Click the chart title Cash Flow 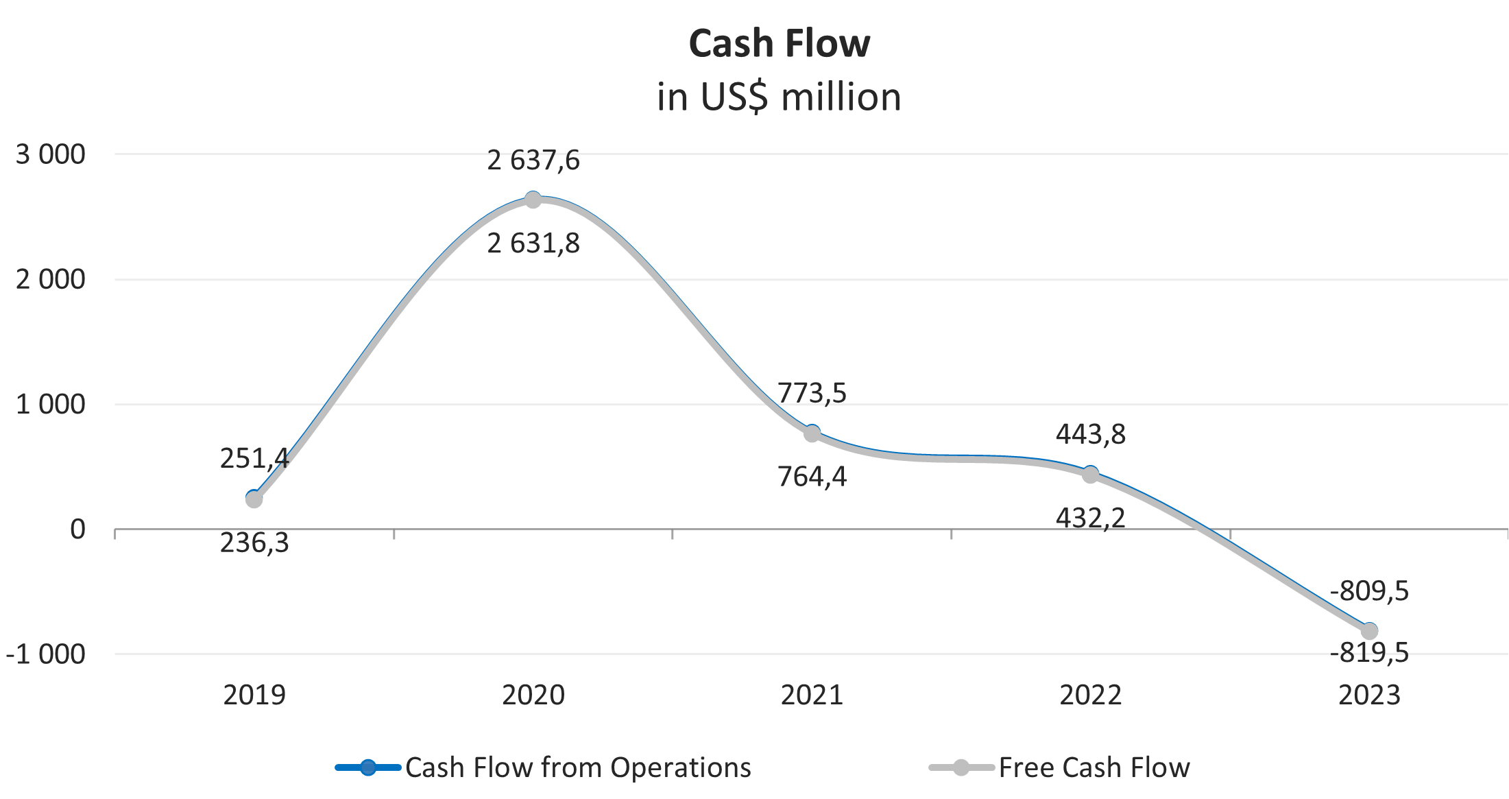[779, 44]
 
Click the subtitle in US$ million [779, 97]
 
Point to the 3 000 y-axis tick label [51, 155]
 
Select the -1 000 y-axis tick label [46, 654]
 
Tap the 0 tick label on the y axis [77, 529]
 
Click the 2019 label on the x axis [254, 695]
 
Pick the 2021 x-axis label [812, 695]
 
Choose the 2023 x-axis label [1369, 695]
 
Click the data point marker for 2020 [533, 200]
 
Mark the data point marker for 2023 [1369, 631]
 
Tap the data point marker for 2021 [812, 433]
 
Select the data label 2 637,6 [533, 160]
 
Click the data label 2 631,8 [533, 243]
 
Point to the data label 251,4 [254, 459]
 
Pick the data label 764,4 [812, 477]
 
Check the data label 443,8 [1090, 434]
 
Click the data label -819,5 [1369, 653]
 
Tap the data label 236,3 [254, 543]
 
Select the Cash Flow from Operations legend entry [543, 767]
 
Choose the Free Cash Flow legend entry [1060, 767]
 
